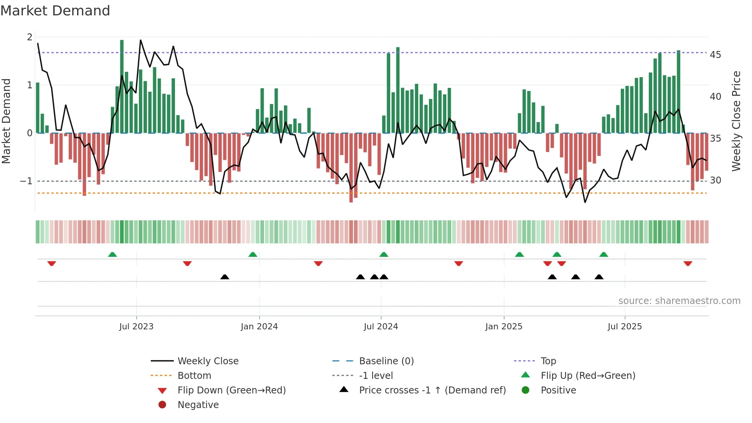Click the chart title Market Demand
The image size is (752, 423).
point(55,11)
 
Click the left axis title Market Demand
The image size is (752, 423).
point(7,121)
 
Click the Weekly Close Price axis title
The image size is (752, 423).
point(736,121)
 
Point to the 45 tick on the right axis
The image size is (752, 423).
point(715,55)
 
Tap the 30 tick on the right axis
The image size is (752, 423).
point(715,180)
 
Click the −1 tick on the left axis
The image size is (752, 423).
point(26,181)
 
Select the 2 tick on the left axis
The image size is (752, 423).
point(30,37)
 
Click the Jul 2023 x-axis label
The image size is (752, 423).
point(136,327)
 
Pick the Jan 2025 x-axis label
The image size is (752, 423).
point(503,327)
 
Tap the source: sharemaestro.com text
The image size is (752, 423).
point(679,301)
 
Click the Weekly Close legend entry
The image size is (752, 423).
point(208,361)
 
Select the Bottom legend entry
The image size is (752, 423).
point(194,376)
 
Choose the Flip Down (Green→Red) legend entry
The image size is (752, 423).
point(231,390)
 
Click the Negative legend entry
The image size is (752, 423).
point(198,405)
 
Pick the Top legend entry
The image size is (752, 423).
point(548,361)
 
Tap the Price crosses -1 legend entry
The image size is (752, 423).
point(432,390)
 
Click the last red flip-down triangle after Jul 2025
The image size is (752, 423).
point(688,264)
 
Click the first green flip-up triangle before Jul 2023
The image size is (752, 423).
point(112,254)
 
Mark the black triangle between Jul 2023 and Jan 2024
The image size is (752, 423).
point(225,277)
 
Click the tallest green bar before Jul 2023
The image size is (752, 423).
point(122,86)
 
